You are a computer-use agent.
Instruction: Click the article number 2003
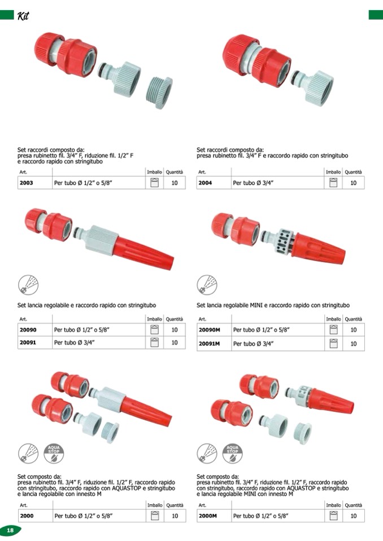26,183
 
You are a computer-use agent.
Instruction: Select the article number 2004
205,183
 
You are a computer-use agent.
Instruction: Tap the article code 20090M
209,330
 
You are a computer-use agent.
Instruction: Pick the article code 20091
28,342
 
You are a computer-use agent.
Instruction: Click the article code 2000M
207,516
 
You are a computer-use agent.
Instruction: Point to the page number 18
10,530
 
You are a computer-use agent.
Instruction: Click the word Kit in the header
23,16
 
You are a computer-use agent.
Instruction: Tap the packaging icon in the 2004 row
333,183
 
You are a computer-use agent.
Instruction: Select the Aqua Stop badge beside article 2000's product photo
54,453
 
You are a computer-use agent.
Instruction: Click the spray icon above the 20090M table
207,285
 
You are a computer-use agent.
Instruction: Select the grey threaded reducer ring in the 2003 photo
159,93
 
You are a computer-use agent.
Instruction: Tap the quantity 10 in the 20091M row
353,344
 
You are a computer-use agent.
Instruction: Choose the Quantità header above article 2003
175,172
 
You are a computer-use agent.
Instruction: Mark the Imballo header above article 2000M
334,505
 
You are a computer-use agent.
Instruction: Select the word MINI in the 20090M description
256,305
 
